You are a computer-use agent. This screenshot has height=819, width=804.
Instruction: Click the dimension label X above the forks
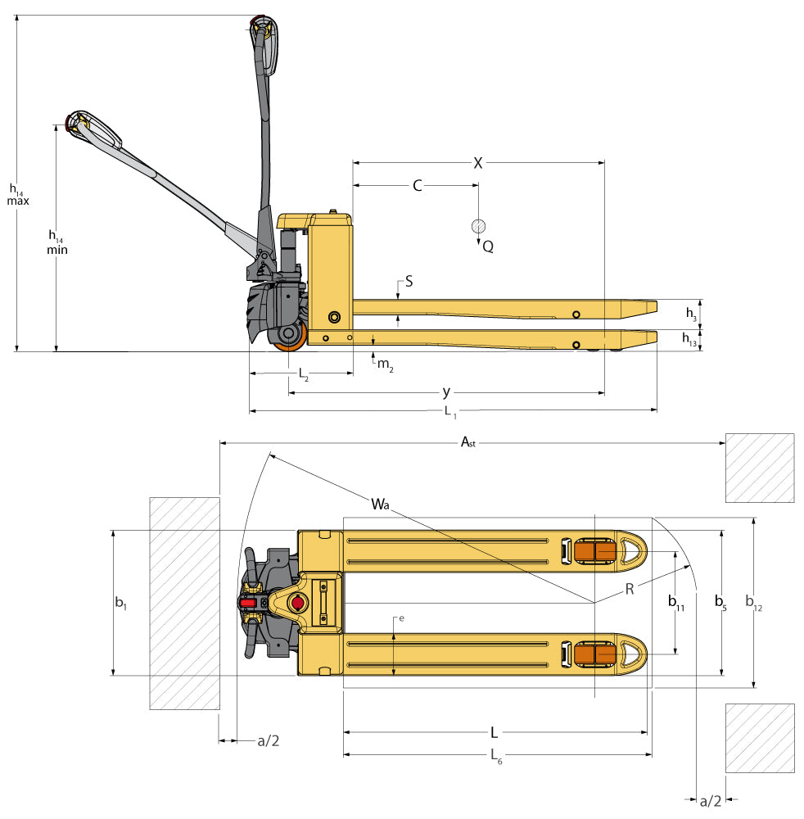click(478, 163)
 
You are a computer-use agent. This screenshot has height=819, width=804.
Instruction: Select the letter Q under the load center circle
click(488, 246)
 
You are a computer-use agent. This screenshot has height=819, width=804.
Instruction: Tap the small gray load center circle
click(478, 226)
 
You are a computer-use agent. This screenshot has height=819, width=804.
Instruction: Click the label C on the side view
click(417, 186)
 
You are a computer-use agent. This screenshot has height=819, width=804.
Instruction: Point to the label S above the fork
click(409, 282)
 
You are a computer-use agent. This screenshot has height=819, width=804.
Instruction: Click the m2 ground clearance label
click(385, 363)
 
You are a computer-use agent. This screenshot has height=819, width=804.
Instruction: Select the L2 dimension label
click(303, 374)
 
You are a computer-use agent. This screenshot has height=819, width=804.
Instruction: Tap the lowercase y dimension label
click(446, 392)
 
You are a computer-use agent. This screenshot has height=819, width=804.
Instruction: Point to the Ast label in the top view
click(467, 442)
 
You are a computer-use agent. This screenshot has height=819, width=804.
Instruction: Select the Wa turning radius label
click(379, 504)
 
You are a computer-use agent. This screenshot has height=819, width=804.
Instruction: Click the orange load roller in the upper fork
click(594, 552)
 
